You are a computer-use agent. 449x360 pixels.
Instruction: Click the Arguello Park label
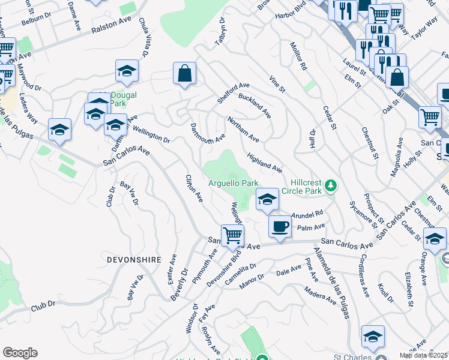coord(233,183)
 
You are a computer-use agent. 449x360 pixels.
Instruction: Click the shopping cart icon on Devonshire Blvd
coord(232,235)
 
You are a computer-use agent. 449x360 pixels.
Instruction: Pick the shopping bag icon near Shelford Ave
coord(185,74)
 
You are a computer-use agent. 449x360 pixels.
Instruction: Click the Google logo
coord(20,353)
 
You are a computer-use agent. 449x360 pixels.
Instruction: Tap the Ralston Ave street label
coord(110,28)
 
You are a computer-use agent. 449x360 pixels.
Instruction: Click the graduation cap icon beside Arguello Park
coord(267,199)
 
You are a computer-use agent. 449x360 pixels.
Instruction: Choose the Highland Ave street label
coord(264,162)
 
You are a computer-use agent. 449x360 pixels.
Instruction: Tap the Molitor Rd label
coord(298,56)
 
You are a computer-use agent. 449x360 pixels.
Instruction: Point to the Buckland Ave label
coord(255,105)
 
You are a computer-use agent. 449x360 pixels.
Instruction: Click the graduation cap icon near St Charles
coord(373,337)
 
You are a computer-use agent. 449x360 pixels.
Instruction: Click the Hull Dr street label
coord(312,140)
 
